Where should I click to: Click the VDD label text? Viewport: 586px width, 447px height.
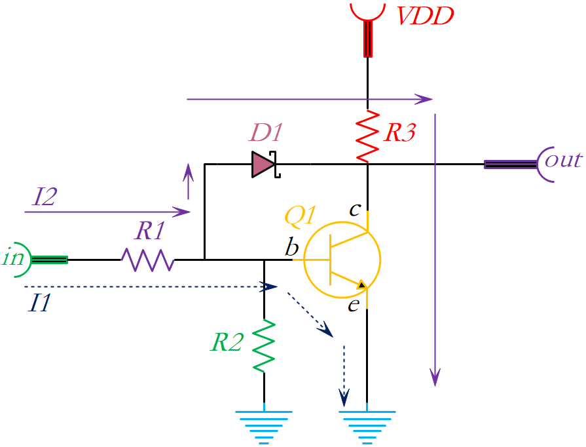(426, 16)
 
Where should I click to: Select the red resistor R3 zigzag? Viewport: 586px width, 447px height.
(368, 136)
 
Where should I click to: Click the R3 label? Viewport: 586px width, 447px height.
(400, 133)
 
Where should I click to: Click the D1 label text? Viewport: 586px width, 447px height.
(266, 134)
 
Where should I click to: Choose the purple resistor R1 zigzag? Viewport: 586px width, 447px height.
(147, 260)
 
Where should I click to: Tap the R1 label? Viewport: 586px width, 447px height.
(149, 231)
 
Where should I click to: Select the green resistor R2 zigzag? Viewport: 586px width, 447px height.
(265, 345)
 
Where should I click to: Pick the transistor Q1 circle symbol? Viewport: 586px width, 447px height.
(342, 260)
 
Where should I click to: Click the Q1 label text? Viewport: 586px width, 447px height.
(300, 216)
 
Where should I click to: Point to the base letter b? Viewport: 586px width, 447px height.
(291, 248)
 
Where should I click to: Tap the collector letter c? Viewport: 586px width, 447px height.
(354, 210)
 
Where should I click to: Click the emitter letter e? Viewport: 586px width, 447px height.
(354, 305)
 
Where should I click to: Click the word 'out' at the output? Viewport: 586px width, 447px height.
(563, 161)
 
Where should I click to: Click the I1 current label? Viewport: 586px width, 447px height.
(40, 303)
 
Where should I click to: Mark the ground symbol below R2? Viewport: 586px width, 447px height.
(265, 425)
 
